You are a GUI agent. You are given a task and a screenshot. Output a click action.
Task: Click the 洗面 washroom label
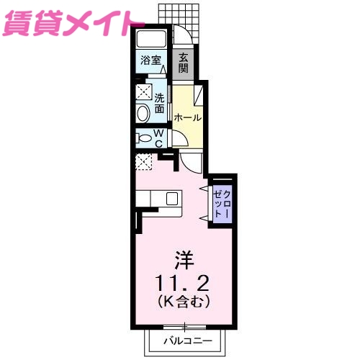pyautogui.click(x=159, y=102)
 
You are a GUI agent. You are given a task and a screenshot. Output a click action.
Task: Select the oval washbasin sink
pyautogui.click(x=142, y=112)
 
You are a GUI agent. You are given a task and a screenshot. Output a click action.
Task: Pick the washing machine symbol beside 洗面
pyautogui.click(x=143, y=91)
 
